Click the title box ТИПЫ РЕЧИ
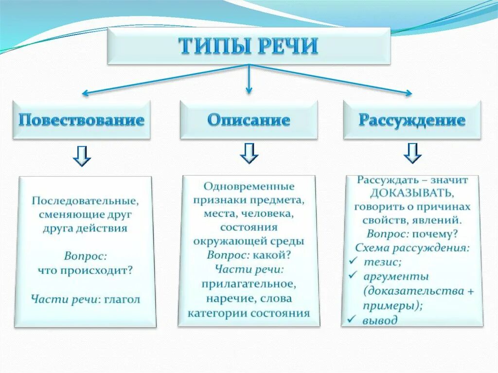249,46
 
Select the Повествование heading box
81,120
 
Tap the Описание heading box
249,120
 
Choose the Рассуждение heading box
412,120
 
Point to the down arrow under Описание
249,153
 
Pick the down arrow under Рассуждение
412,153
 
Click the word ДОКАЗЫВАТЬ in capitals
412,193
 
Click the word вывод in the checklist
380,320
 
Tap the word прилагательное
249,284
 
